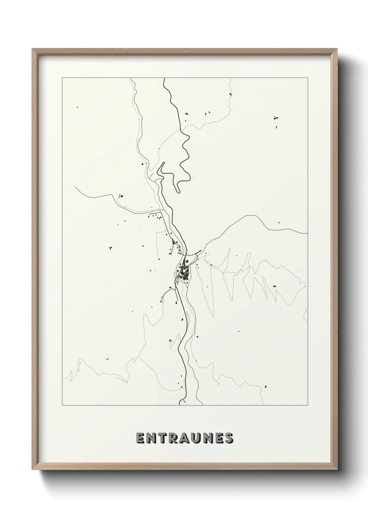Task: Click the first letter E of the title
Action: [140, 438]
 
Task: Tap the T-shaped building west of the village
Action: [110, 248]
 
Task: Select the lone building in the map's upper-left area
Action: [77, 108]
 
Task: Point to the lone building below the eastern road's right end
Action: [278, 222]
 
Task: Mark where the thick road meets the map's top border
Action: [163, 78]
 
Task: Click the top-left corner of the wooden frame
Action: [32, 49]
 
